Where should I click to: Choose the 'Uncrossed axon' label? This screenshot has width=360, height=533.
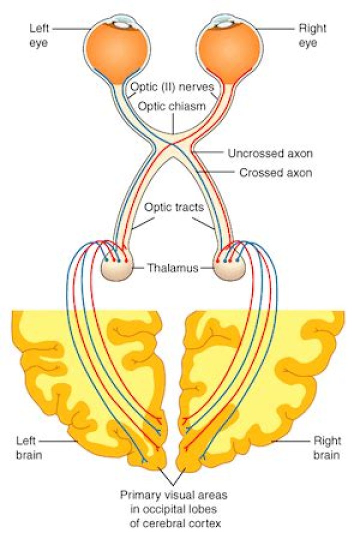[x=270, y=153]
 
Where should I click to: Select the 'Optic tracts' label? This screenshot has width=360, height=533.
[x=173, y=207]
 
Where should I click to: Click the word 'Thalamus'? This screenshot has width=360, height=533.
[x=173, y=268]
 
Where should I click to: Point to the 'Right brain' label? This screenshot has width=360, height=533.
[x=327, y=448]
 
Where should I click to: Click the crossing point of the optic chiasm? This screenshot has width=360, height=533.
[x=172, y=145]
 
